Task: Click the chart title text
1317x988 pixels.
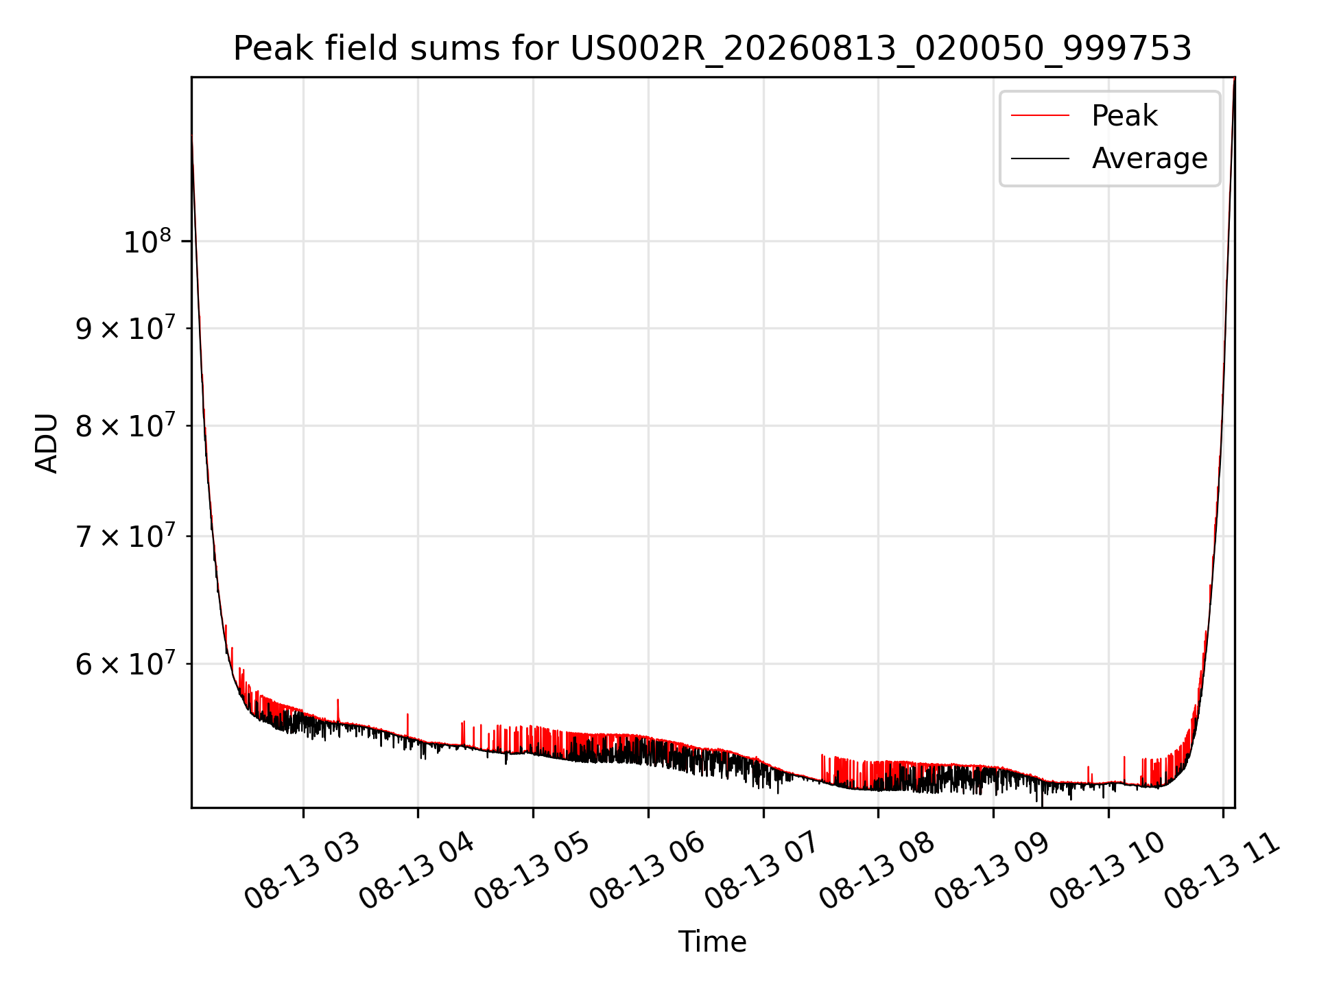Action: (712, 49)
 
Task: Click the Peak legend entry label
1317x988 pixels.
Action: (1124, 116)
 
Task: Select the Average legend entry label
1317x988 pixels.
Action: (1150, 158)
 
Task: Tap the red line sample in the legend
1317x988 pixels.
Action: (1040, 116)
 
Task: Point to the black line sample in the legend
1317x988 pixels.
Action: (1040, 158)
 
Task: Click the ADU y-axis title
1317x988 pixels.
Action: (47, 443)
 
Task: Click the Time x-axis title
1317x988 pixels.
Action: (712, 941)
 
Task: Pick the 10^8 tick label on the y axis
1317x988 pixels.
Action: (147, 242)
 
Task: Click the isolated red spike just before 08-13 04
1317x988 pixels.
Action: (407, 725)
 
